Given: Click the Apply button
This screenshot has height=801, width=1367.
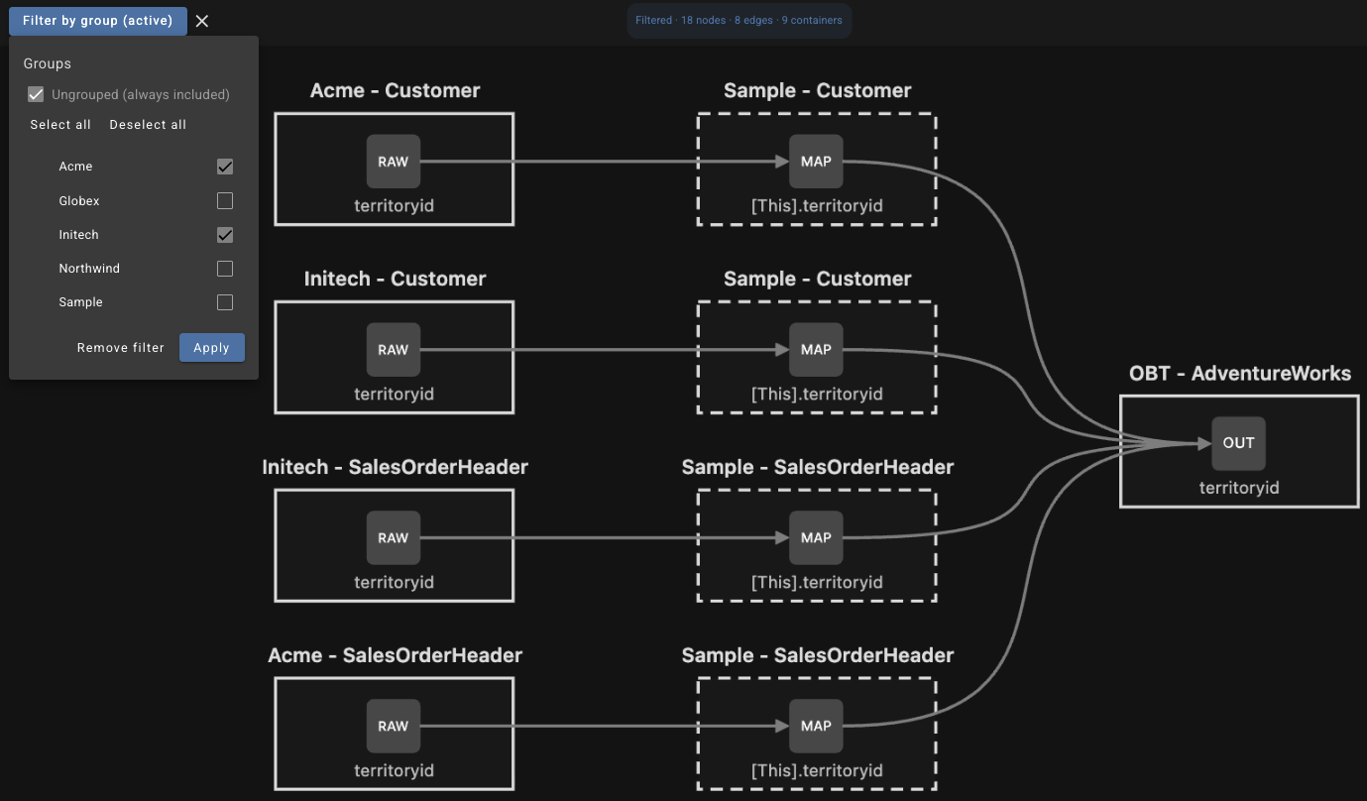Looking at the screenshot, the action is coord(212,347).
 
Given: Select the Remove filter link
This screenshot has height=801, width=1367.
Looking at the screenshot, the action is coord(120,347).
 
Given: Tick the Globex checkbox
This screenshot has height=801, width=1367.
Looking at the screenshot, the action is coord(225,201).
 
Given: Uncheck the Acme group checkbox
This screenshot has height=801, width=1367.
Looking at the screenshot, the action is coord(225,167).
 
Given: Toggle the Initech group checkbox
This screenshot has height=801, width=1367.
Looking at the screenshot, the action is coord(225,235).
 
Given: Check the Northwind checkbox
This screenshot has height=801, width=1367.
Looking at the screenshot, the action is coord(225,269).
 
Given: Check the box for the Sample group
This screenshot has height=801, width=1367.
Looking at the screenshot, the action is coord(225,302).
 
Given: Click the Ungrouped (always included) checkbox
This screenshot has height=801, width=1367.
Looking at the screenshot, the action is coord(36,94).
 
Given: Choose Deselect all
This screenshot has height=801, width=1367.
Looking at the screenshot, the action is coord(148,125).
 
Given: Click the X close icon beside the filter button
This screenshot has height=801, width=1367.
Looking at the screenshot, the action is coord(202,21).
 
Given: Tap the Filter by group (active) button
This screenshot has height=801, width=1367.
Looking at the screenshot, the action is coord(97,21).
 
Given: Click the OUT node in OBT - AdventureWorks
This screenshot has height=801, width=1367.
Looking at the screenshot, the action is coord(1238,443).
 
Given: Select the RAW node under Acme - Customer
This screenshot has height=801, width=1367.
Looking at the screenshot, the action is coord(393,162).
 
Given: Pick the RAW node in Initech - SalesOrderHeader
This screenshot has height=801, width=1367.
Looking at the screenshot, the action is coord(393,538).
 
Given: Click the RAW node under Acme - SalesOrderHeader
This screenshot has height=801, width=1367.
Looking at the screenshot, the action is coord(393,726).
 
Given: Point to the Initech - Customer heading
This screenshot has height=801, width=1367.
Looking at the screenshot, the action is coord(395,279).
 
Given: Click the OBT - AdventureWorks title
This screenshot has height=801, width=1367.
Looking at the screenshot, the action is coord(1239,373).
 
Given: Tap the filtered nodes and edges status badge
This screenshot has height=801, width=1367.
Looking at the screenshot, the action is coord(740,20).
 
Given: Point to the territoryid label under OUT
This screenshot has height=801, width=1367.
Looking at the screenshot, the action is coord(1239,488).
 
